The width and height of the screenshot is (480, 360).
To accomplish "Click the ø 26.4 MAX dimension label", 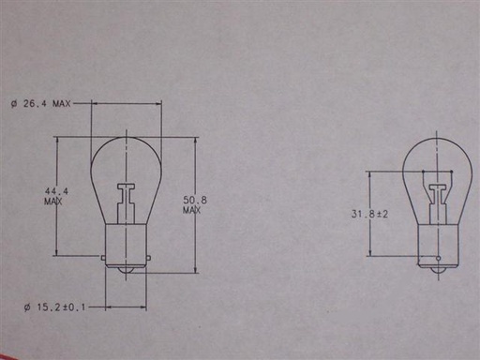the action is click(41, 103).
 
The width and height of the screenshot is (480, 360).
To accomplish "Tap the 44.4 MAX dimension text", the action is click(56, 196).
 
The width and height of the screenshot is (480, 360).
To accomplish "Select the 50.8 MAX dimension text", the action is click(195, 204).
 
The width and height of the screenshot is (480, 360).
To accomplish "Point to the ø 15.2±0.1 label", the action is click(54, 307).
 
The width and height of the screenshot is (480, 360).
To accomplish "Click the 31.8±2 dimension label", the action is click(369, 214).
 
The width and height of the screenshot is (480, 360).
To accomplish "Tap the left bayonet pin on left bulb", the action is click(103, 258).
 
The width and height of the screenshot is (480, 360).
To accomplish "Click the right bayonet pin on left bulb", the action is click(148, 258).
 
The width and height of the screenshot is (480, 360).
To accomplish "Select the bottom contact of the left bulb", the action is click(126, 270).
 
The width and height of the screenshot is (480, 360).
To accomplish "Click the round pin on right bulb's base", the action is click(439, 259).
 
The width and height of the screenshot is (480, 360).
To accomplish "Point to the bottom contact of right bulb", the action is click(439, 271).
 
